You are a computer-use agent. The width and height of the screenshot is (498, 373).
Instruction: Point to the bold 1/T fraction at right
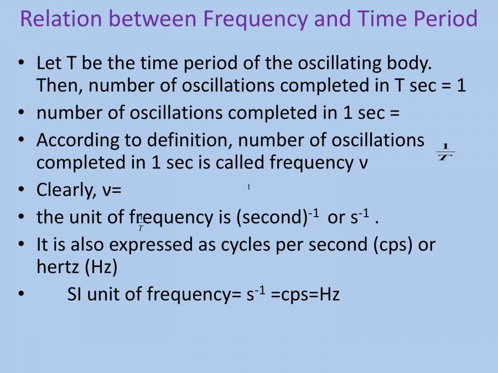click(445, 151)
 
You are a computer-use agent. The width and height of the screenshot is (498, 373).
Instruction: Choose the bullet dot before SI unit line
click(21, 295)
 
